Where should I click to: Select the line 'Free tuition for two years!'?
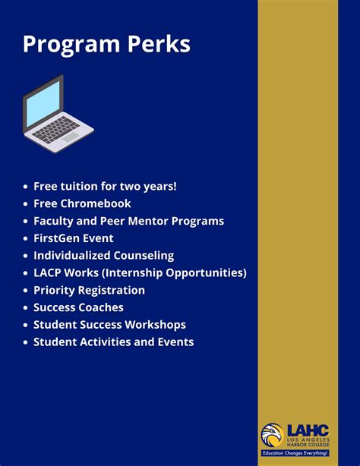point(105,186)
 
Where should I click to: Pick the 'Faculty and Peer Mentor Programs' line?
point(128,221)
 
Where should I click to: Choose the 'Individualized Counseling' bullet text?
point(103,256)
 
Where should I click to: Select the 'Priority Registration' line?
point(89,290)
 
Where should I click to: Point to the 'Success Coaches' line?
point(78,307)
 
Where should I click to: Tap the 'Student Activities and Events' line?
point(113,342)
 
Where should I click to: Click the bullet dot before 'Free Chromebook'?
point(26,204)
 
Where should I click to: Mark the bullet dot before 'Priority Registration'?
point(26,291)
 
